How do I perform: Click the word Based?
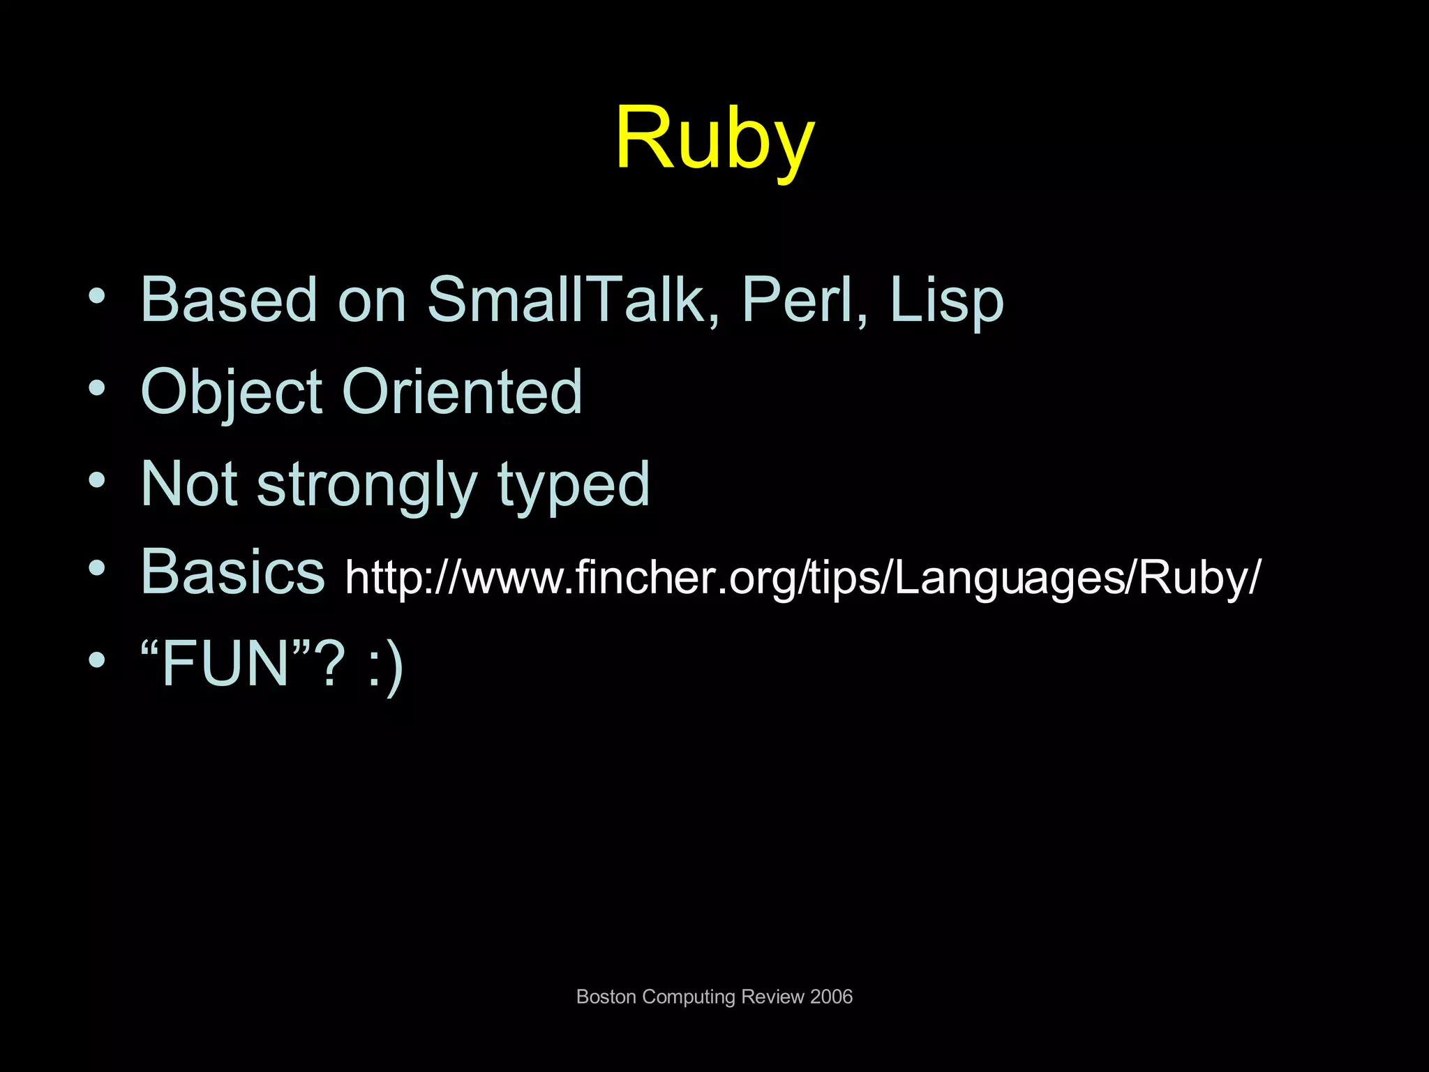pyautogui.click(x=229, y=300)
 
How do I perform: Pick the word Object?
pyautogui.click(x=231, y=392)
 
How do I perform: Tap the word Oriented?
pyautogui.click(x=462, y=392)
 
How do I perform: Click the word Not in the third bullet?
pyautogui.click(x=188, y=484)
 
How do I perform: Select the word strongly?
pyautogui.click(x=367, y=486)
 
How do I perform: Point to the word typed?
pyautogui.click(x=574, y=486)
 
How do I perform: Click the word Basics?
pyautogui.click(x=232, y=572)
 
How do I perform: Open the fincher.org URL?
pyautogui.click(x=802, y=578)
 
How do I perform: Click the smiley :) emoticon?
pyautogui.click(x=385, y=664)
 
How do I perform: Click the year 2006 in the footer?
pyautogui.click(x=831, y=997)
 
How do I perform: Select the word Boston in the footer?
pyautogui.click(x=606, y=997)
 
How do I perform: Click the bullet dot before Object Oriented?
pyautogui.click(x=98, y=388)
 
